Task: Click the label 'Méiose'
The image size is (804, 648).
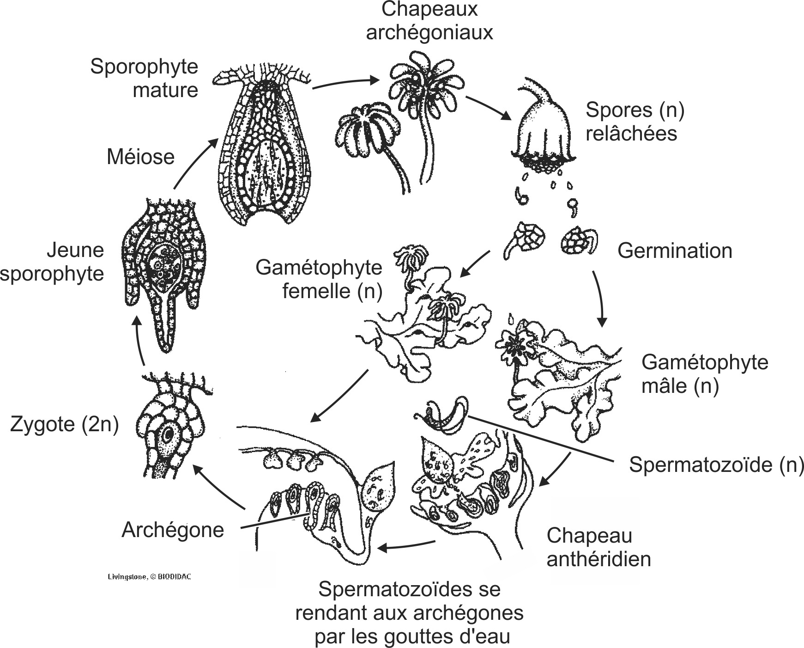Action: [140, 157]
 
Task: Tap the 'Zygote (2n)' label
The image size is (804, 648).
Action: [64, 424]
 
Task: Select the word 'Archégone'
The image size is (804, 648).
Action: [172, 530]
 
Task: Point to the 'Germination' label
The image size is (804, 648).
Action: [674, 251]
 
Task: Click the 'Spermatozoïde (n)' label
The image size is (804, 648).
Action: [716, 465]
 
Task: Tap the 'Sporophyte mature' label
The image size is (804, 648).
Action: [144, 78]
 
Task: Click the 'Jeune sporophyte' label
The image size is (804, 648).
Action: [52, 262]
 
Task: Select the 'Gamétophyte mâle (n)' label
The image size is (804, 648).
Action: [704, 374]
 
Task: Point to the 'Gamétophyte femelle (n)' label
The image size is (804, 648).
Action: [319, 280]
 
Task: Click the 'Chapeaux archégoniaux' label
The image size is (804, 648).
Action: [429, 21]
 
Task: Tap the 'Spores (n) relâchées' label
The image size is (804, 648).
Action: [635, 122]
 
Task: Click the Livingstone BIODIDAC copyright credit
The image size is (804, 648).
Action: [149, 577]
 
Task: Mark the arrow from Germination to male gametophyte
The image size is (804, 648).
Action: [599, 298]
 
